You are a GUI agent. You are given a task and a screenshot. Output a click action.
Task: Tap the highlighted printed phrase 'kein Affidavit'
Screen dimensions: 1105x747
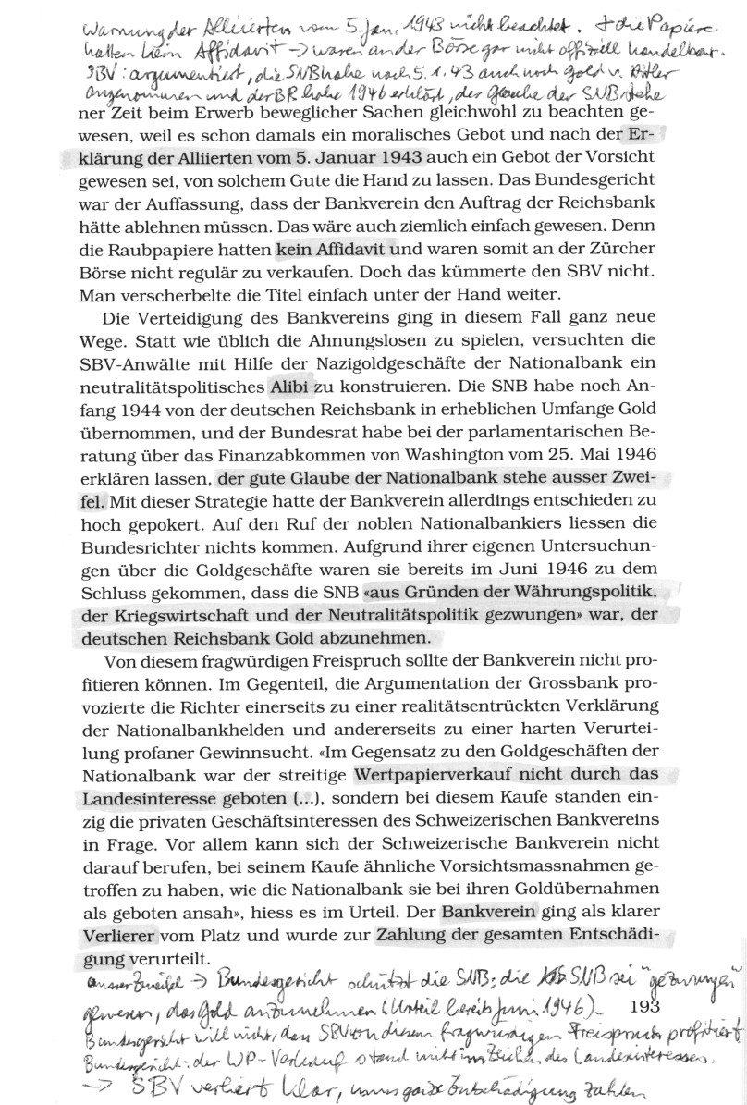[338, 249]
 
